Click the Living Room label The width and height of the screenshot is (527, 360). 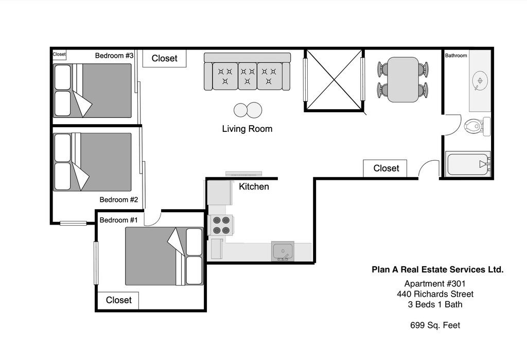[x=247, y=129]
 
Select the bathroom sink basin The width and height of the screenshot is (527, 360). [x=480, y=81]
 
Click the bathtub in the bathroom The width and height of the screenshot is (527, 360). [x=468, y=164]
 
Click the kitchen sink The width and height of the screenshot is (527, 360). [x=283, y=251]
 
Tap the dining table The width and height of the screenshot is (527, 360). [x=403, y=80]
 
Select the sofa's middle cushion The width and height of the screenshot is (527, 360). [x=248, y=76]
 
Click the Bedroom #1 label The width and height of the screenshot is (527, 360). [x=119, y=220]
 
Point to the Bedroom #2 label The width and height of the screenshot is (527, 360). [x=119, y=199]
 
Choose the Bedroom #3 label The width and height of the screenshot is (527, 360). [x=114, y=56]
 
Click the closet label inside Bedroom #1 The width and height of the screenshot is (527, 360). [x=119, y=300]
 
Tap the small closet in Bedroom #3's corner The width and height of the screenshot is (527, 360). [x=59, y=55]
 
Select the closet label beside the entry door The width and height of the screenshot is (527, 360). [x=386, y=168]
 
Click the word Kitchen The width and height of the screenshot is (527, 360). [x=254, y=186]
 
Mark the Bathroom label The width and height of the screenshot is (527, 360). [x=456, y=56]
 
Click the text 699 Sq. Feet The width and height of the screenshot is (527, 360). [x=435, y=325]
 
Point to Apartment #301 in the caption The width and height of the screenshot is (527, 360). [x=435, y=284]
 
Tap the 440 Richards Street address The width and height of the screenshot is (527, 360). [x=435, y=294]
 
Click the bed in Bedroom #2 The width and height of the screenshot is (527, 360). [x=93, y=162]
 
